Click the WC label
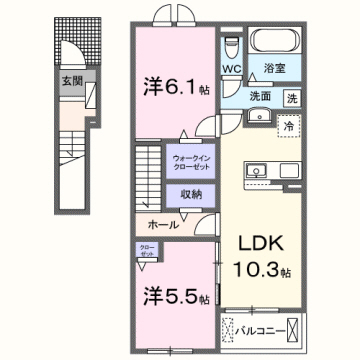[231, 70]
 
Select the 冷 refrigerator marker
[288, 126]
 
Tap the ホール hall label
[163, 225]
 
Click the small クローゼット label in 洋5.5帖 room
[147, 251]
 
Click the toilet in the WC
[231, 48]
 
